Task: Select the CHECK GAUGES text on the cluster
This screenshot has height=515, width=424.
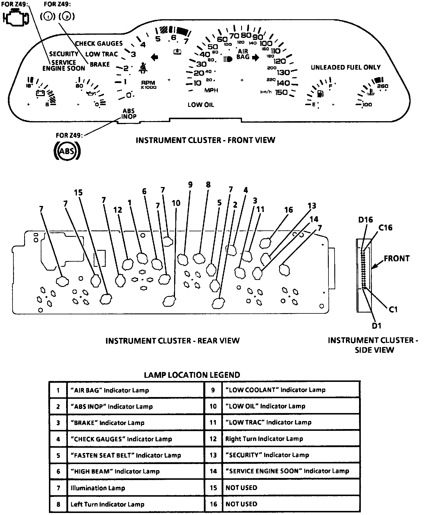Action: coord(99,44)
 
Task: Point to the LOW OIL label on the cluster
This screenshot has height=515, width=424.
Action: coord(201,105)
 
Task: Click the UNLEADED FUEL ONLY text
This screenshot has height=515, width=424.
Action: coord(346,68)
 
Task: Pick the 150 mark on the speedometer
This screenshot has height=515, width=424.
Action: coord(282,92)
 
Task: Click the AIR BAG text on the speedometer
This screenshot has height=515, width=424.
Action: coord(243,54)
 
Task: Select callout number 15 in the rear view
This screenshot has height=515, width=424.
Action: coord(78,193)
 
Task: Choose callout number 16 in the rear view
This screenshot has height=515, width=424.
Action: coord(289,210)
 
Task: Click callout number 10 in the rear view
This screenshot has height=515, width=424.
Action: coord(176,203)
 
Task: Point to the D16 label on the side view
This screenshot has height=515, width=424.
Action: coord(365,220)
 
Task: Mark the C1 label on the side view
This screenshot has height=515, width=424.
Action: coord(393,309)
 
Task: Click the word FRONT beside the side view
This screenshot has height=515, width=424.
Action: coord(397,259)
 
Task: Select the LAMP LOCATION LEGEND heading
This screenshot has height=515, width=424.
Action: coord(192,375)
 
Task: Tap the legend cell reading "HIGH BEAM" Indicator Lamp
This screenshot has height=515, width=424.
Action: coord(115,471)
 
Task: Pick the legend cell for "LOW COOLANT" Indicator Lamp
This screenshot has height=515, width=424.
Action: coord(275,390)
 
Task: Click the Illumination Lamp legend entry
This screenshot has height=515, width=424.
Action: coord(98,488)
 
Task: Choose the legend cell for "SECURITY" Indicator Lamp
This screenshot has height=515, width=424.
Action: coord(267,455)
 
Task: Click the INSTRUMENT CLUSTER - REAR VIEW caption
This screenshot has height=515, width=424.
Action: coord(172,341)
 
